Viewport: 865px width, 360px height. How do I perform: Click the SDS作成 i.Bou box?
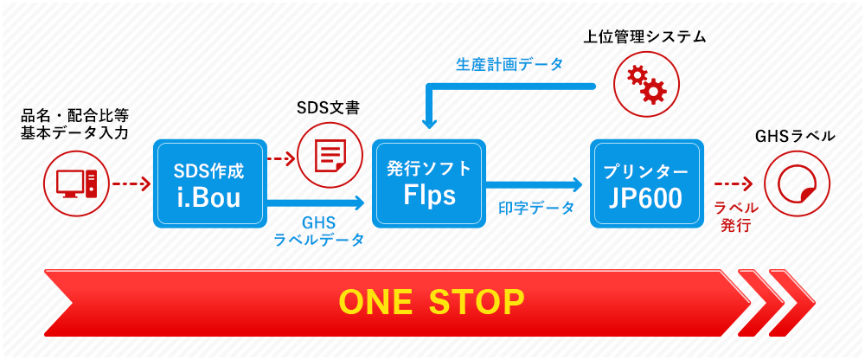pos(209,183)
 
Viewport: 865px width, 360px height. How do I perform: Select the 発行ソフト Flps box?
pos(429,183)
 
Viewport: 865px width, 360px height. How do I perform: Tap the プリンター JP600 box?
pos(646,183)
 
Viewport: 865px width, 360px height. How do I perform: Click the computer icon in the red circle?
pos(77,183)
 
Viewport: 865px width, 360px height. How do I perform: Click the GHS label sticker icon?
pos(798,183)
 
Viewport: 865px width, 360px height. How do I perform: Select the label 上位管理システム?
pos(645,37)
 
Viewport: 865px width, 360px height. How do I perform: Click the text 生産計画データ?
pos(509,64)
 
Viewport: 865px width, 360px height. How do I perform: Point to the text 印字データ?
pos(536,208)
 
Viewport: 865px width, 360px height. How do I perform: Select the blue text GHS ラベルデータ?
pos(319,230)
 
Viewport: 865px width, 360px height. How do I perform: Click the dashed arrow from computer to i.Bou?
pos(131,183)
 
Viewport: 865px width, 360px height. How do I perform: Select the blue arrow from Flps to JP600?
pos(534,183)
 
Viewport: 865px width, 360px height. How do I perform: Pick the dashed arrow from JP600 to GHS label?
pos(734,183)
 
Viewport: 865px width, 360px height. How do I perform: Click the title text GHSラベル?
pos(795,136)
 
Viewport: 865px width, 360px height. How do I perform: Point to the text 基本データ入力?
pos(74,133)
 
